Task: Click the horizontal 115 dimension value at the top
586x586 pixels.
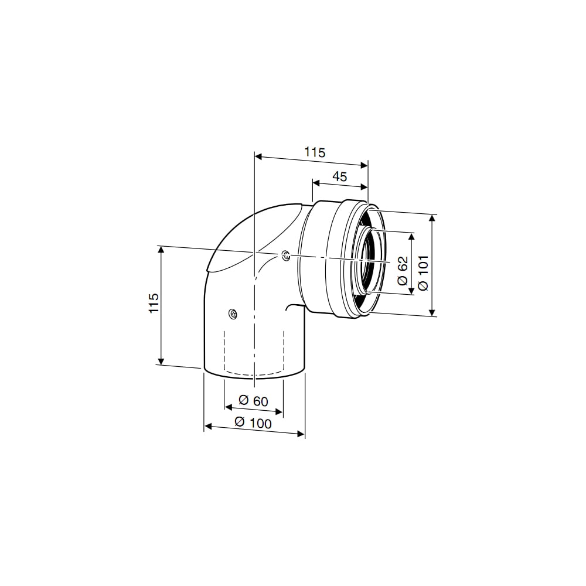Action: tap(315, 152)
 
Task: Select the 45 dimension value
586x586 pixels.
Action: tap(340, 176)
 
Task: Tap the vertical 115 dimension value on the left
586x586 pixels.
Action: tap(154, 303)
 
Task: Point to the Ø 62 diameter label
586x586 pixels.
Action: tap(403, 271)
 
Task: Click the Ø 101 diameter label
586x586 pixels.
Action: tap(423, 273)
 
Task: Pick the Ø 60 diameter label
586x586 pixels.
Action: tap(253, 401)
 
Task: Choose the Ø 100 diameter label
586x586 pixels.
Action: tap(253, 423)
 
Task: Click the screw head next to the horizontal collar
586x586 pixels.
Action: tap(286, 255)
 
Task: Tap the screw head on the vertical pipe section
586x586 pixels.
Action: tap(233, 313)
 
